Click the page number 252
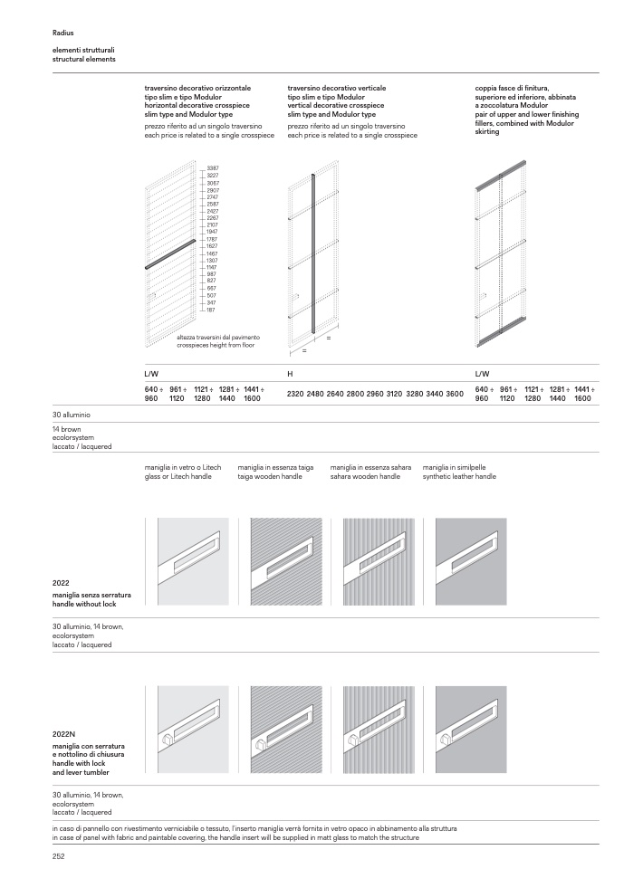(x=60, y=855)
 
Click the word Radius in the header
(x=63, y=32)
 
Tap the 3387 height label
(x=212, y=169)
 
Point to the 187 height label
(x=211, y=310)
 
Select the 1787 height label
(x=212, y=239)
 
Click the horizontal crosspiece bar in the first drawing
(x=169, y=254)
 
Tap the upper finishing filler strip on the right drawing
(x=501, y=174)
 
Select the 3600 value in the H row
(x=455, y=395)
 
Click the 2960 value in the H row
(x=375, y=395)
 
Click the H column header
(x=290, y=373)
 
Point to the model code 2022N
(x=64, y=736)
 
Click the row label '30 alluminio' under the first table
(x=72, y=415)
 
